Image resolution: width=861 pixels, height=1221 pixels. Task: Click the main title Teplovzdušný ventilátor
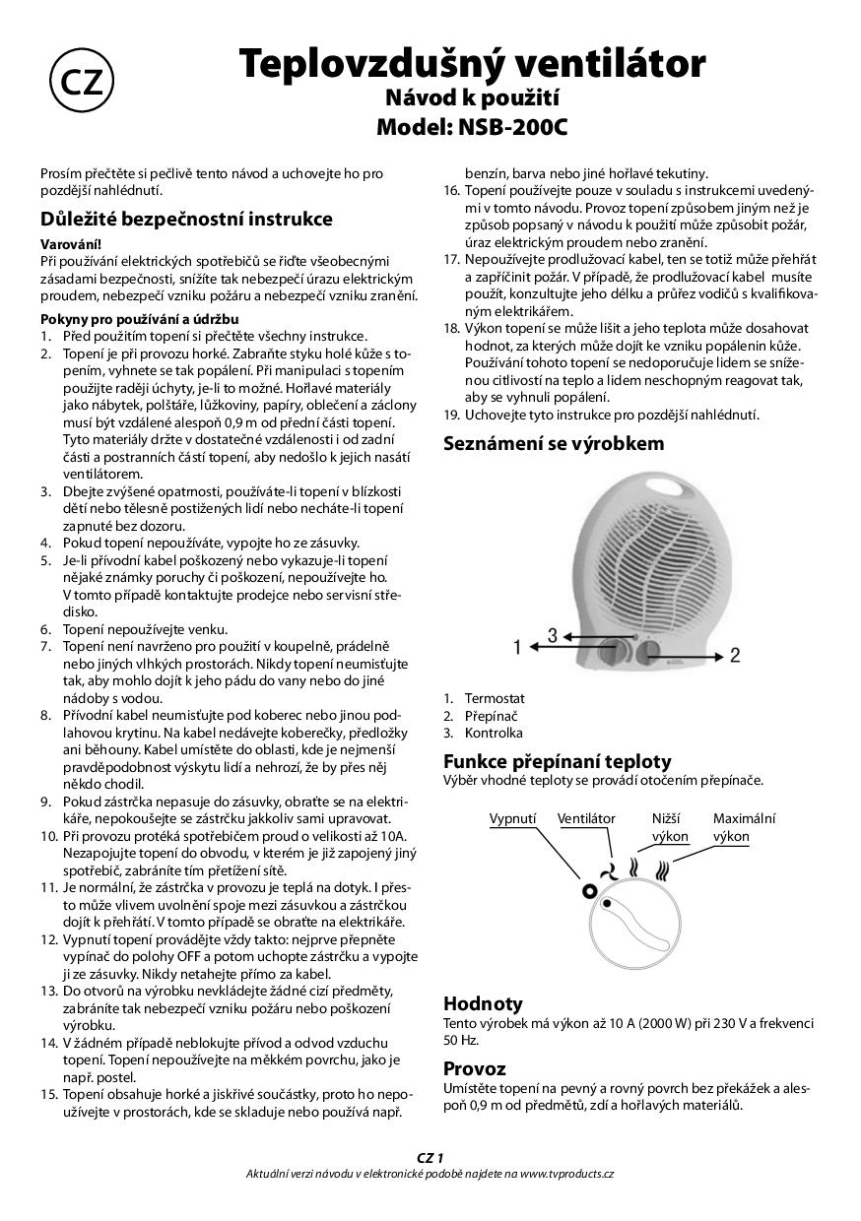[473, 64]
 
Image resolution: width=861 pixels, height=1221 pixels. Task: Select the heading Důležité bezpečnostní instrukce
[186, 219]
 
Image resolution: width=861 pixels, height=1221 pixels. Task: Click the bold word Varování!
[70, 243]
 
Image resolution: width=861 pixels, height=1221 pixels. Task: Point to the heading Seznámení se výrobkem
[554, 443]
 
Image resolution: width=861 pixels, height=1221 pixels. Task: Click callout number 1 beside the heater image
[516, 648]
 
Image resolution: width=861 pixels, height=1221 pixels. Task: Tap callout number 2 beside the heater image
[734, 655]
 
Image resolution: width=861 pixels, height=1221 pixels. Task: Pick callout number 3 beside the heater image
[554, 635]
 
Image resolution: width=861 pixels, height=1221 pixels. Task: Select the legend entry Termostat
[495, 698]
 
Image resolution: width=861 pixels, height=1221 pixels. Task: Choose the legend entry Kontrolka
[494, 733]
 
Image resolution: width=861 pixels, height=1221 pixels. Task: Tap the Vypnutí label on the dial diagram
[512, 818]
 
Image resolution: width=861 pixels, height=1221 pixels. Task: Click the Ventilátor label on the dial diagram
[586, 818]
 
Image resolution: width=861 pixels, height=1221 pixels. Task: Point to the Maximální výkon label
[744, 827]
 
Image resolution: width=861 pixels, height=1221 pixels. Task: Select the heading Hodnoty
[483, 1003]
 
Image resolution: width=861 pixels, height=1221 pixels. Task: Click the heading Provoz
[474, 1068]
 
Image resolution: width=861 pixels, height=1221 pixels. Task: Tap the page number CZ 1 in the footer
[430, 1158]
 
